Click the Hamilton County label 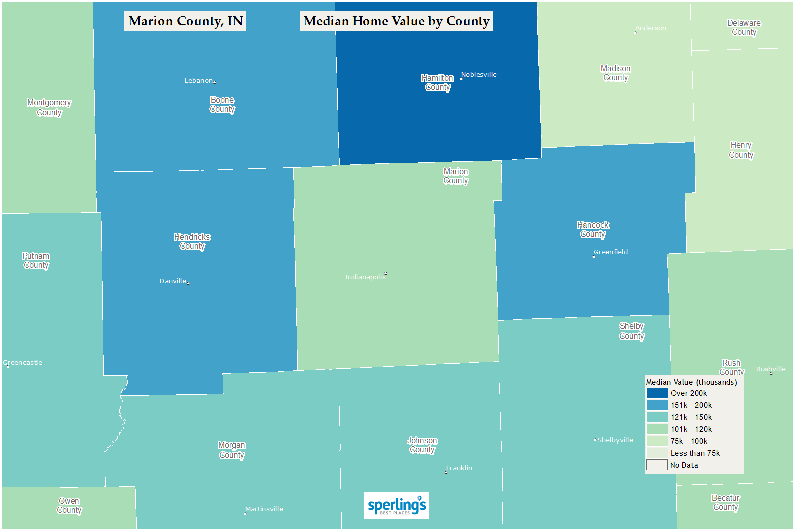(437, 83)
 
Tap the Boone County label (222, 105)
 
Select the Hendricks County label (192, 241)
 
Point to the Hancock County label (593, 230)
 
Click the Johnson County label (422, 445)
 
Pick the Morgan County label (232, 450)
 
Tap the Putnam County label (36, 261)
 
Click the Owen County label (69, 505)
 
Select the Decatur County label (726, 502)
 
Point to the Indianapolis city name (365, 277)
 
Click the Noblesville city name (479, 75)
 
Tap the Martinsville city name (264, 509)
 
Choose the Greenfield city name (611, 252)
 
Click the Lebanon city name (199, 81)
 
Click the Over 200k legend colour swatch (657, 393)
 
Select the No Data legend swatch (657, 465)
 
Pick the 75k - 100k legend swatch (657, 441)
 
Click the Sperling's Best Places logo (396, 506)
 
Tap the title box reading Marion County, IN (185, 21)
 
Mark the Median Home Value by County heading (396, 21)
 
